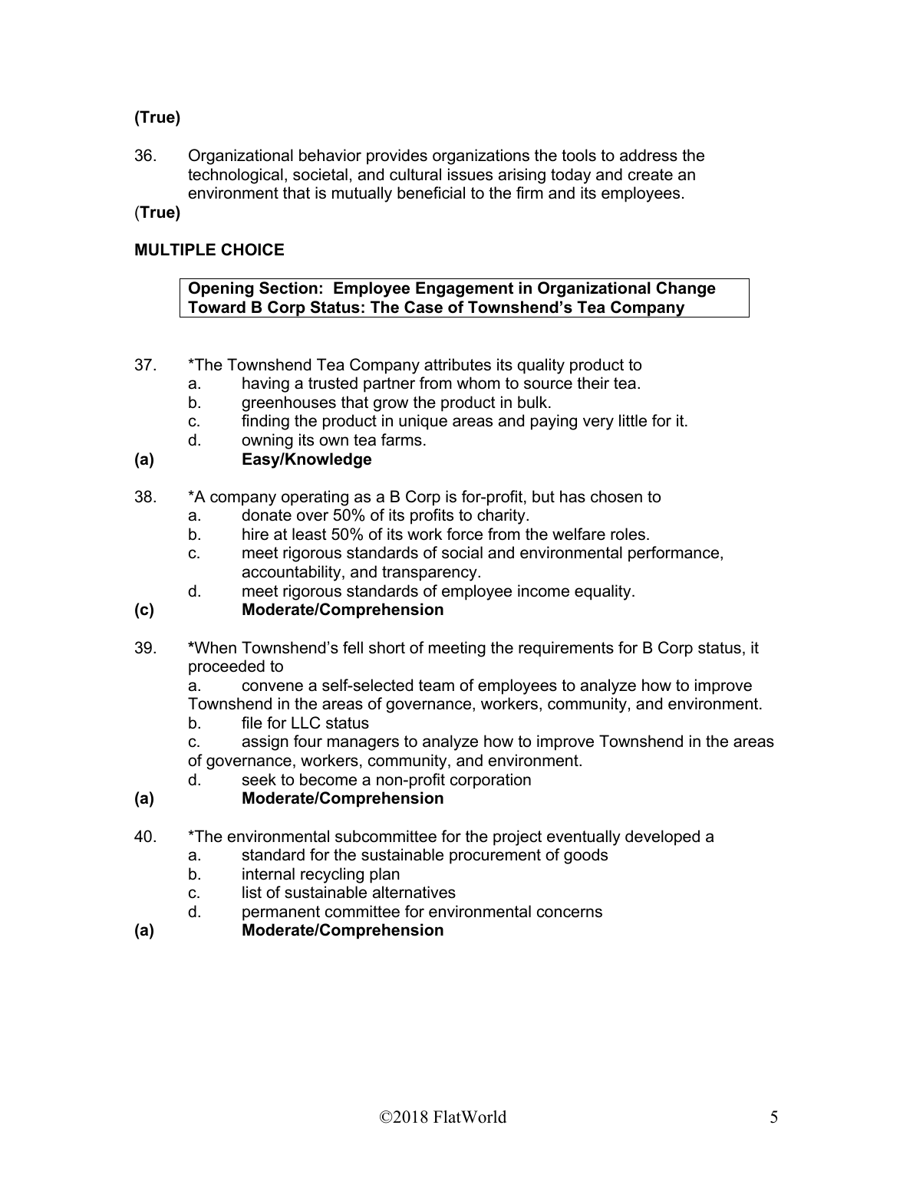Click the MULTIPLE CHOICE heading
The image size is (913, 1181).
[x=209, y=250]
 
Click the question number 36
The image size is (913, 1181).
[x=145, y=156]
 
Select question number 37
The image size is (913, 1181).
[x=145, y=365]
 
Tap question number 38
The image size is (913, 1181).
[x=145, y=497]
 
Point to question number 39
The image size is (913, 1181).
[x=145, y=648]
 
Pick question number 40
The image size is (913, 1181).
[x=145, y=837]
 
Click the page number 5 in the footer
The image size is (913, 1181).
[x=773, y=1117]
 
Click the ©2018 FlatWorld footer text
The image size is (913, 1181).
[x=443, y=1117]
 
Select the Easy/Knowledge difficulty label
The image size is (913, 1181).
[x=306, y=459]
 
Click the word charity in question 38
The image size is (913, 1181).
[x=503, y=516]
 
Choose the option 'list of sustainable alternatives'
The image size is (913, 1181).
[x=348, y=893]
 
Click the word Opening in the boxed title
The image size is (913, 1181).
[x=219, y=288]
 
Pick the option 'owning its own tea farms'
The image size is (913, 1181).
[x=334, y=440]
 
